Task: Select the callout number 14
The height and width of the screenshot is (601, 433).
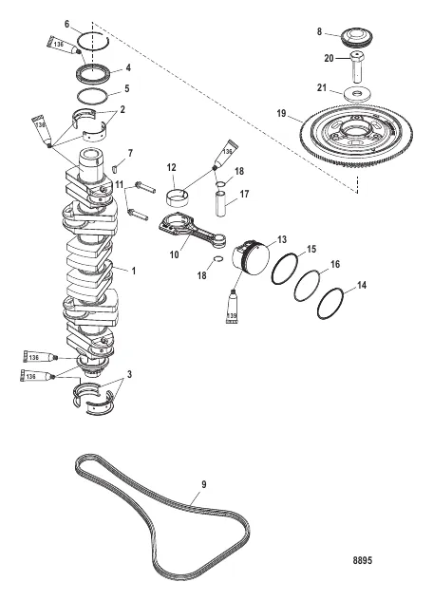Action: pyautogui.click(x=364, y=285)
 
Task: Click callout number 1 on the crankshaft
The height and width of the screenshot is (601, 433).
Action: pyautogui.click(x=133, y=271)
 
